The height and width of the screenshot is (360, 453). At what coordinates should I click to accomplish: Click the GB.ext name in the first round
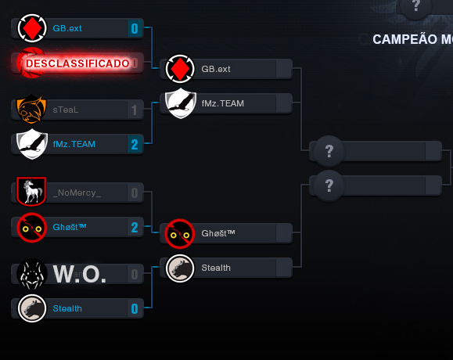[67, 28]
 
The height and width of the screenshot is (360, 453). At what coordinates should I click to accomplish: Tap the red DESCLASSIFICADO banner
[77, 63]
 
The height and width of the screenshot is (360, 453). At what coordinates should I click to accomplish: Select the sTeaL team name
[66, 110]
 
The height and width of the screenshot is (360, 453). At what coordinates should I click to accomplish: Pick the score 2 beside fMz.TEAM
[135, 145]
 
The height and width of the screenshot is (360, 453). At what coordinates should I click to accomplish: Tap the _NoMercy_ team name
[77, 193]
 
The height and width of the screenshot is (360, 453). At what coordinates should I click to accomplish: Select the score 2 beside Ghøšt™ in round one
[135, 228]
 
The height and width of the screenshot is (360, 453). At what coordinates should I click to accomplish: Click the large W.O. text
[79, 275]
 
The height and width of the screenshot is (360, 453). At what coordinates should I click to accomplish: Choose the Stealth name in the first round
[67, 308]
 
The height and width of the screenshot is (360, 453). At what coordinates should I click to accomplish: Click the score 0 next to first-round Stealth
[135, 309]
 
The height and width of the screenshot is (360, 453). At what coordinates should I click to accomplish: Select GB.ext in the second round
[216, 69]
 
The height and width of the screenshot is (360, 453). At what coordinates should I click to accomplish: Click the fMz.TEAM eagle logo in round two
[181, 103]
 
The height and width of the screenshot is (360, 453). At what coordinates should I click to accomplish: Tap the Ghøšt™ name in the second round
[218, 233]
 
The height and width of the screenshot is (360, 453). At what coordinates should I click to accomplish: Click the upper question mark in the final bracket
[329, 150]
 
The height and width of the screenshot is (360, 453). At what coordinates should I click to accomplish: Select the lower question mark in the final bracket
[329, 185]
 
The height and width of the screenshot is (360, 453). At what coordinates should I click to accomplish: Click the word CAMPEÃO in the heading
[404, 39]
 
